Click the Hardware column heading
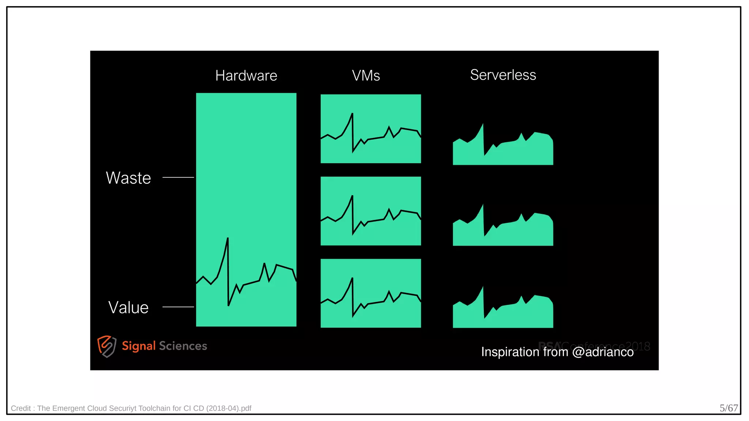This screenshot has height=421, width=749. click(246, 76)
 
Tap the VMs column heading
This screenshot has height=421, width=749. click(366, 76)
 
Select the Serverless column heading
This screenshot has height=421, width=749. click(503, 75)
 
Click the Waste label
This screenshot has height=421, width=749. click(128, 178)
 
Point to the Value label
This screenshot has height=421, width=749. click(128, 307)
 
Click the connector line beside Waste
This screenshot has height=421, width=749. click(178, 177)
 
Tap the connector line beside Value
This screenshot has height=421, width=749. click(178, 307)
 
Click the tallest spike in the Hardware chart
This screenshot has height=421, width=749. click(227, 239)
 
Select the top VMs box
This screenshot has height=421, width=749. click(370, 129)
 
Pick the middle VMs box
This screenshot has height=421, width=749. click(370, 211)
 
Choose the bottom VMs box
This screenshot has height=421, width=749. click(370, 293)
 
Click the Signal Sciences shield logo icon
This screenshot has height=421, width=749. click(107, 346)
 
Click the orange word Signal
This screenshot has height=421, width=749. click(139, 346)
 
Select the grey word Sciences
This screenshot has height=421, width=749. click(183, 346)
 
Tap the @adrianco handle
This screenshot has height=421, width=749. click(603, 352)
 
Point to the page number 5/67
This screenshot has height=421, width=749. click(729, 408)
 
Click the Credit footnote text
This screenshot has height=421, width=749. click(131, 408)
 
